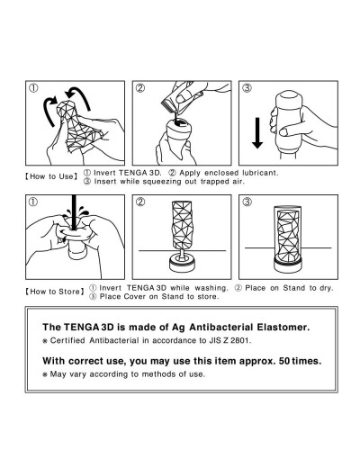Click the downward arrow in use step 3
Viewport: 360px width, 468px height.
tap(257, 133)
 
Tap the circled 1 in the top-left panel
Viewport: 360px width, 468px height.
tap(33, 88)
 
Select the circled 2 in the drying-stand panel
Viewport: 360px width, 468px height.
tap(140, 202)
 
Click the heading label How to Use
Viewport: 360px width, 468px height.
tap(51, 176)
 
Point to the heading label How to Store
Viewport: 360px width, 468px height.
tap(55, 292)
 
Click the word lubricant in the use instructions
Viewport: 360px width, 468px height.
tap(260, 173)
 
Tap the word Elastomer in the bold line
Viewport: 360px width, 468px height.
tap(283, 327)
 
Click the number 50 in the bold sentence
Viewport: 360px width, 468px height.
tap(284, 361)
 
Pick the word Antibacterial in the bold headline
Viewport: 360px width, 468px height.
tap(221, 327)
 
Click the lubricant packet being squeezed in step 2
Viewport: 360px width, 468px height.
tap(182, 97)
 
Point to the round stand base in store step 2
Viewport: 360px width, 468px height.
tap(182, 263)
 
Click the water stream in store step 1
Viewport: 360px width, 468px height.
tap(74, 211)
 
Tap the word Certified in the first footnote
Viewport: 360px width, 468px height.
tap(67, 341)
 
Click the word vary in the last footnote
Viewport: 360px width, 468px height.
tap(77, 374)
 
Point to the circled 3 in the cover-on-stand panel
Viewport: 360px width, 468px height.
tap(247, 202)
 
